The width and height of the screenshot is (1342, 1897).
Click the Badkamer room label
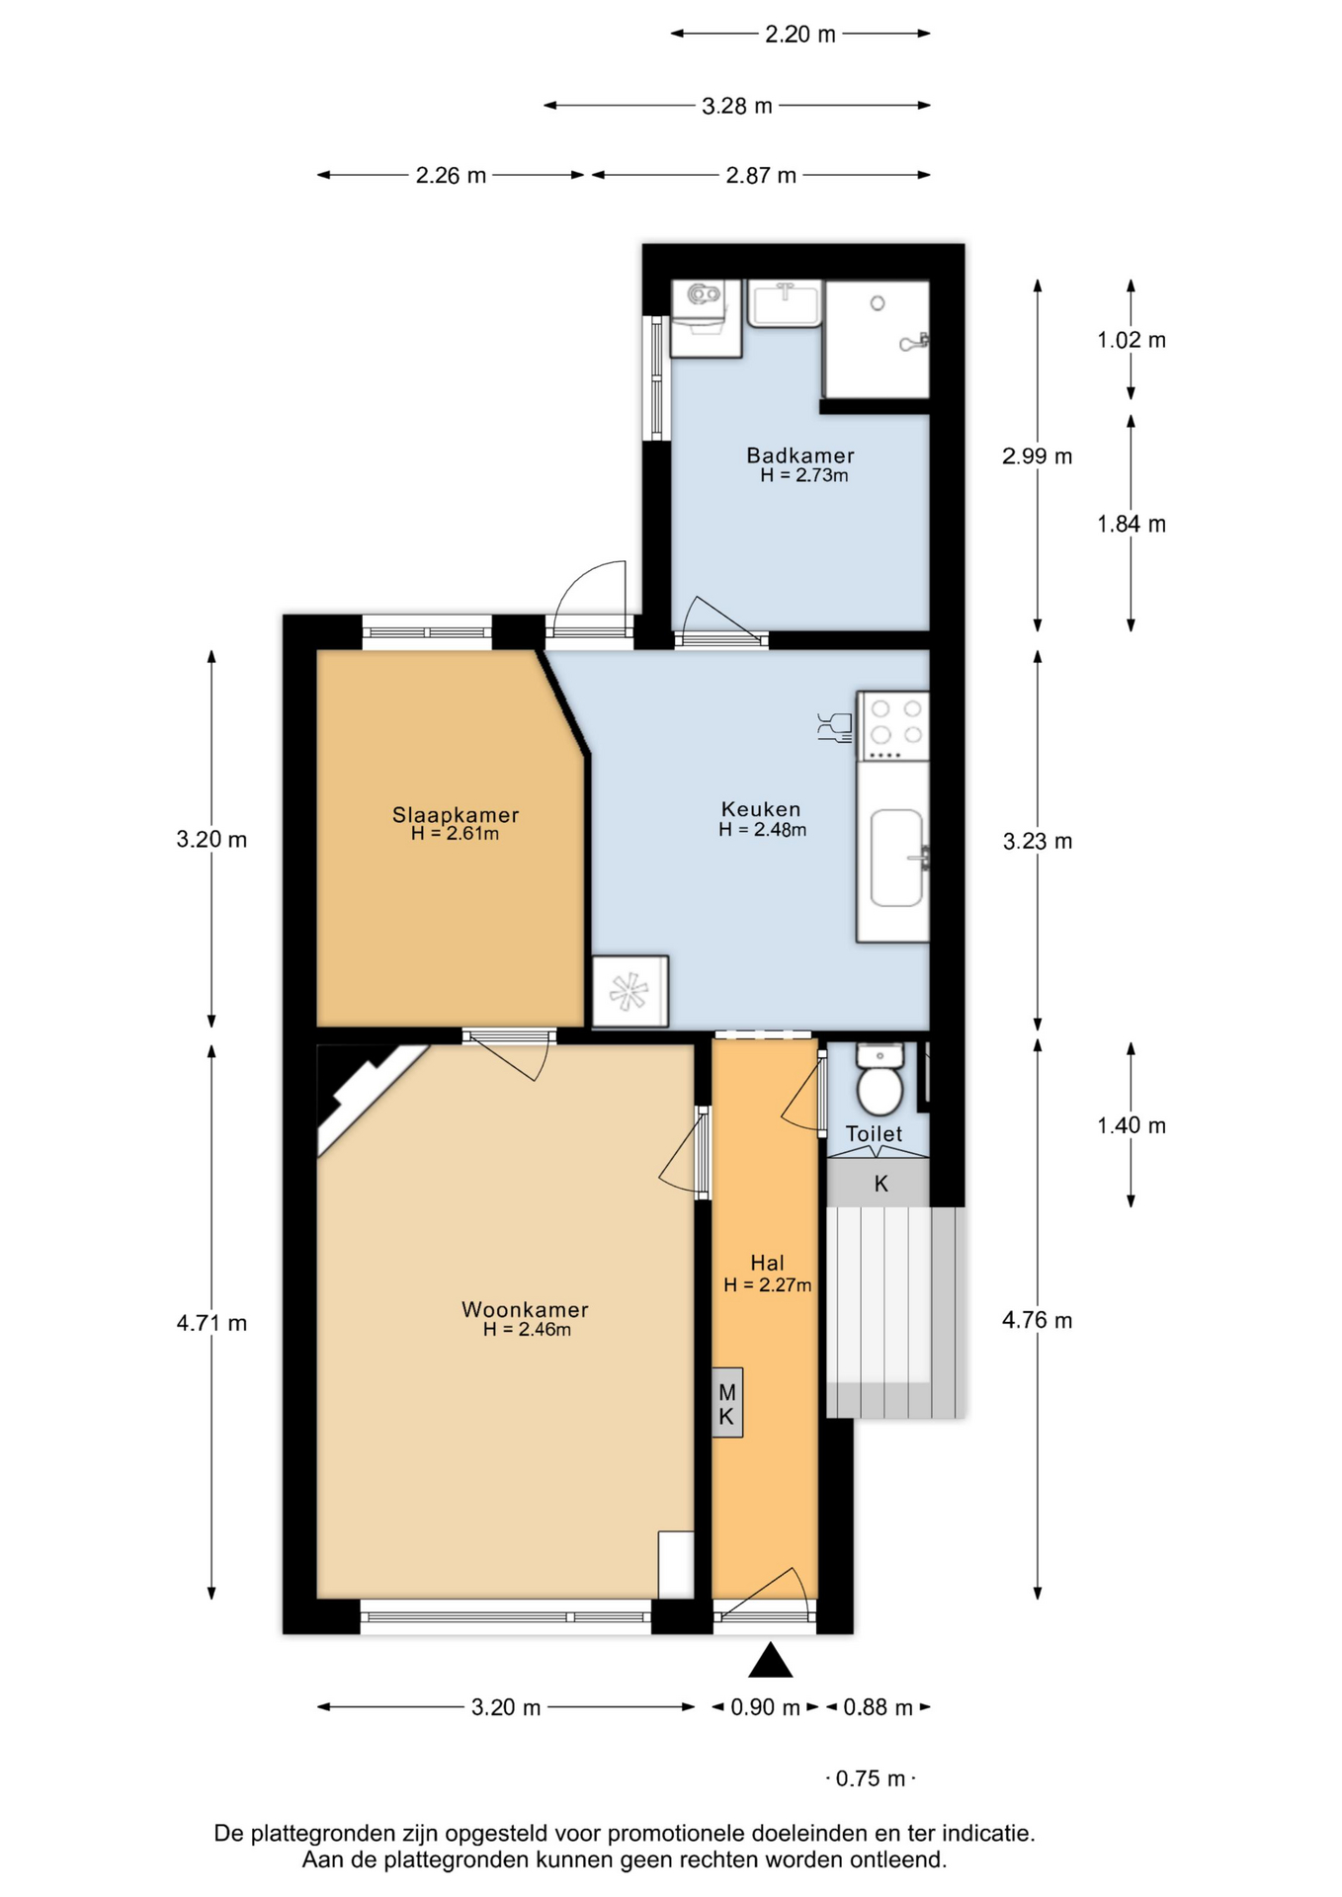coord(799,455)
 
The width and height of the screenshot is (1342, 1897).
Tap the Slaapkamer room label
coord(456,815)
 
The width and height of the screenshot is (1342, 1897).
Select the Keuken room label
coord(761,810)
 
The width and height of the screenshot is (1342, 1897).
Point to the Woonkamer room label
coord(525,1310)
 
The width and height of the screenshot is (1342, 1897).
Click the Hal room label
coord(768,1263)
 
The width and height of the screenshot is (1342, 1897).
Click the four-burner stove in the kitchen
coord(893,726)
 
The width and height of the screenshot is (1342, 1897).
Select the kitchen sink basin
coord(896,859)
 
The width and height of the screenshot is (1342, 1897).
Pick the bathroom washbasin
coord(785,302)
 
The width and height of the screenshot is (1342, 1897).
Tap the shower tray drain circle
coord(878,303)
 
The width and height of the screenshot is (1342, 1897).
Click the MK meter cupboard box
coord(727,1403)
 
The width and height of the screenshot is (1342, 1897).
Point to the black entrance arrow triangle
coord(771,1661)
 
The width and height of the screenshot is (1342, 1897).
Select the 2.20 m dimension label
coord(800,35)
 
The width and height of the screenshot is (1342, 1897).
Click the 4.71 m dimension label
coord(211,1323)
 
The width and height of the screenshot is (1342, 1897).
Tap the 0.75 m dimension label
coord(871,1779)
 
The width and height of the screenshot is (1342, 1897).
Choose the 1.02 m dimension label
coord(1132,340)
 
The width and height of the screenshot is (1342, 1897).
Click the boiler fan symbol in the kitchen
coord(629,992)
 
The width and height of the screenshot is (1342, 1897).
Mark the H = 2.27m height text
coord(768,1285)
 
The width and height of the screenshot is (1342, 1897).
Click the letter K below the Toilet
coord(881,1184)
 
